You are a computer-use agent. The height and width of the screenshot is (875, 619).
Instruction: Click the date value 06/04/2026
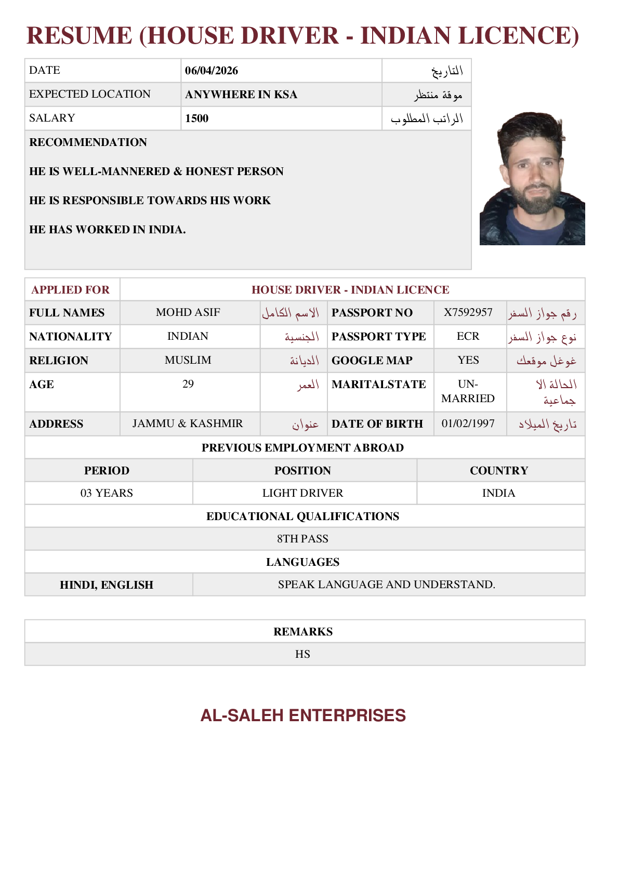[x=212, y=71]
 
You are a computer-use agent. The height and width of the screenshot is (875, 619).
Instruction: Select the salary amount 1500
[x=197, y=118]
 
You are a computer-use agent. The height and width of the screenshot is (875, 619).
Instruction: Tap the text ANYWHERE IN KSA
[x=241, y=95]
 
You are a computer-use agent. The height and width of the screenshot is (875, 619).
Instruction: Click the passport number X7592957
[x=468, y=312]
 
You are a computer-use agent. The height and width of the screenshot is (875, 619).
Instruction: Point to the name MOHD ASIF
[x=188, y=312]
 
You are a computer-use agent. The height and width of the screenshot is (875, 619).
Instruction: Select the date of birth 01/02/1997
[x=468, y=423]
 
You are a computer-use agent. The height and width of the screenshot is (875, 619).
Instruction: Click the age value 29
[x=188, y=384]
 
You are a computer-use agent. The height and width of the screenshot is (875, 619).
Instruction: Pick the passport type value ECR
[x=468, y=336]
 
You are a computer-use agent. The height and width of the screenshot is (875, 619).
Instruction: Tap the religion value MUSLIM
[x=188, y=360]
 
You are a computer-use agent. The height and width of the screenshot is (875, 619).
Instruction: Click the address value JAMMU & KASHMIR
[x=188, y=423]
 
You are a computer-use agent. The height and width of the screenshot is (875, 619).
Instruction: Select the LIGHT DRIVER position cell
[x=302, y=493]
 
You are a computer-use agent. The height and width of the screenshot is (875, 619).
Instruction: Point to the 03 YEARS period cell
[x=107, y=493]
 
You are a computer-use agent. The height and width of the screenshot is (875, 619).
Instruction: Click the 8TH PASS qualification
[x=302, y=539]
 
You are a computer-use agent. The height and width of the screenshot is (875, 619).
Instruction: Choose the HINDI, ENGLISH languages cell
[x=107, y=585]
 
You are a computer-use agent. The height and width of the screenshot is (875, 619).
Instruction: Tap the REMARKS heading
[x=303, y=632]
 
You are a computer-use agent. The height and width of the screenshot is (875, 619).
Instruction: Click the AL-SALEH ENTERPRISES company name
[x=303, y=715]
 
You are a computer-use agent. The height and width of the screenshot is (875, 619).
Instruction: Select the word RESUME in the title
[x=80, y=36]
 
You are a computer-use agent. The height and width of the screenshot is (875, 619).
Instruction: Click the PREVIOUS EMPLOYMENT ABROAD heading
[x=302, y=448]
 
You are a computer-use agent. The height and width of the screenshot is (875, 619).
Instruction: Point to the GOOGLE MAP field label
[x=372, y=361]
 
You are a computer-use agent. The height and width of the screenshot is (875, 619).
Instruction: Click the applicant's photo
[x=532, y=178]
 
